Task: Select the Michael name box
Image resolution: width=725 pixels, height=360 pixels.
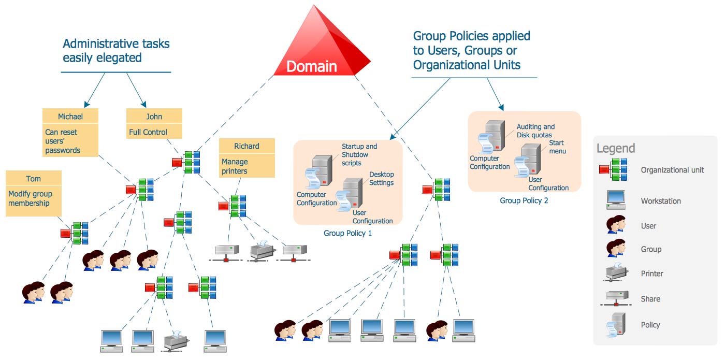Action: [x=70, y=116]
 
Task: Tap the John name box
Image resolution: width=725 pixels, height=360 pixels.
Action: [x=154, y=116]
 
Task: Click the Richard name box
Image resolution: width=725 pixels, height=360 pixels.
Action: [x=247, y=146]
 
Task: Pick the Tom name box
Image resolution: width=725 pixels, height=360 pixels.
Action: [x=34, y=178]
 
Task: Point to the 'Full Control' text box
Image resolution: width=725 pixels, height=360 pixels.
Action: [x=154, y=132]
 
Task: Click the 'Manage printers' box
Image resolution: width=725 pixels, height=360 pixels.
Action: [x=247, y=166]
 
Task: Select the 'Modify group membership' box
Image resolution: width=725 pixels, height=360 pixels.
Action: [x=34, y=199]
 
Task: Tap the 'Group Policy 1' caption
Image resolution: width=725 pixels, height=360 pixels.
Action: [x=347, y=233]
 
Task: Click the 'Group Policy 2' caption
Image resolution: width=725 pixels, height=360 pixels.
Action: [x=524, y=200]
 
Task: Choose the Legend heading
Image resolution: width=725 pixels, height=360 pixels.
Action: [x=615, y=148]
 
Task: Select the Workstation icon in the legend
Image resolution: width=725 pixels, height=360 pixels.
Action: [x=615, y=200]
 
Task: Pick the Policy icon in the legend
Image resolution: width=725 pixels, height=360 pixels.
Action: [x=615, y=324]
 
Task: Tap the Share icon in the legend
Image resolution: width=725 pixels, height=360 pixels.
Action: [x=615, y=298]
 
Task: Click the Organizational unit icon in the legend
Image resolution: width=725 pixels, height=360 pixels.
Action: [x=614, y=170]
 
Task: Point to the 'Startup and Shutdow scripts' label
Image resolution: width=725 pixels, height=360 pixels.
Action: [x=359, y=154]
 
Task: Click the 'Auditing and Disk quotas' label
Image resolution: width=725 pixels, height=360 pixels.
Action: [x=535, y=131]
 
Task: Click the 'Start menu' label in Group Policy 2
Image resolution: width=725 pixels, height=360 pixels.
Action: [x=557, y=147]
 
